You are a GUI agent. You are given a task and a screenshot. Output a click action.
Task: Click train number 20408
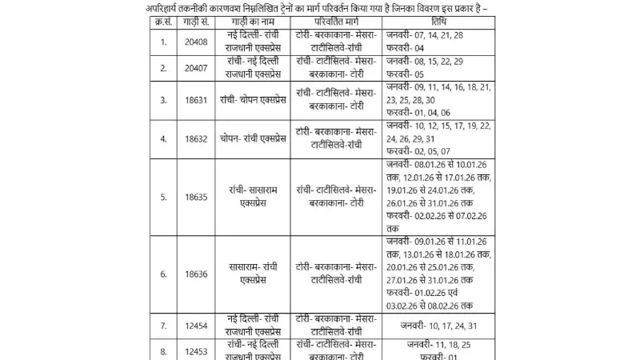[x=197, y=42]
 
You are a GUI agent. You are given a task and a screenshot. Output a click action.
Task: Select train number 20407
[x=197, y=69]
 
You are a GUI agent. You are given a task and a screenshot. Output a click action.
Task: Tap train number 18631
[x=197, y=100]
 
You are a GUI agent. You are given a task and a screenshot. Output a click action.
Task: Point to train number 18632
[x=197, y=138]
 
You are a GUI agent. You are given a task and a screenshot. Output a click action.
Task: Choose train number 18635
[x=197, y=197]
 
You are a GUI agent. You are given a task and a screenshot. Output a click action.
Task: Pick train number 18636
[x=197, y=274]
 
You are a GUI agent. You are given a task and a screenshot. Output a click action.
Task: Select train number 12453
[x=197, y=350]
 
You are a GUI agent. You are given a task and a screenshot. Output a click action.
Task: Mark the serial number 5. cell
[x=163, y=197]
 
